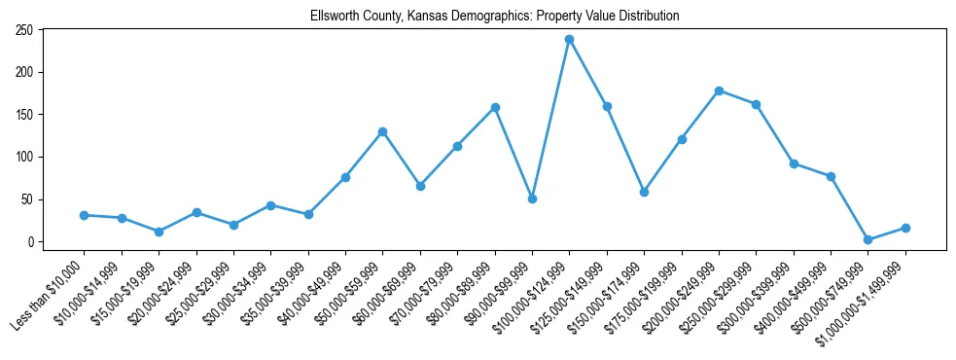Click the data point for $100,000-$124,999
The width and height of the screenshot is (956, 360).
point(570,39)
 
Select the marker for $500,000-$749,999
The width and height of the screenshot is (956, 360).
point(868,239)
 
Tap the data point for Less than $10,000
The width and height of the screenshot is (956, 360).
point(85,215)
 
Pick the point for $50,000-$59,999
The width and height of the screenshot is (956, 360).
point(383,131)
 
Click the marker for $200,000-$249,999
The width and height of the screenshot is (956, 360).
point(719,90)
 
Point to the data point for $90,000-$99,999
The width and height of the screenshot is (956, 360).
point(532,198)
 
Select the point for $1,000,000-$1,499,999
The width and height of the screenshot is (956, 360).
point(905,228)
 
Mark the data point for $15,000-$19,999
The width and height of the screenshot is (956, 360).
point(159,232)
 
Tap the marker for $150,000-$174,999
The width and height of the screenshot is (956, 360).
point(644,192)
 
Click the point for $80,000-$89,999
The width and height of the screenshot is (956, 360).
point(495,107)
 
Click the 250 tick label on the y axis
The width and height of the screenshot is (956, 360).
point(25,30)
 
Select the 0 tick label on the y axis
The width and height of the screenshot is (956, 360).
point(31,242)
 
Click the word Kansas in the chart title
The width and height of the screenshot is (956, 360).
point(440,17)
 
